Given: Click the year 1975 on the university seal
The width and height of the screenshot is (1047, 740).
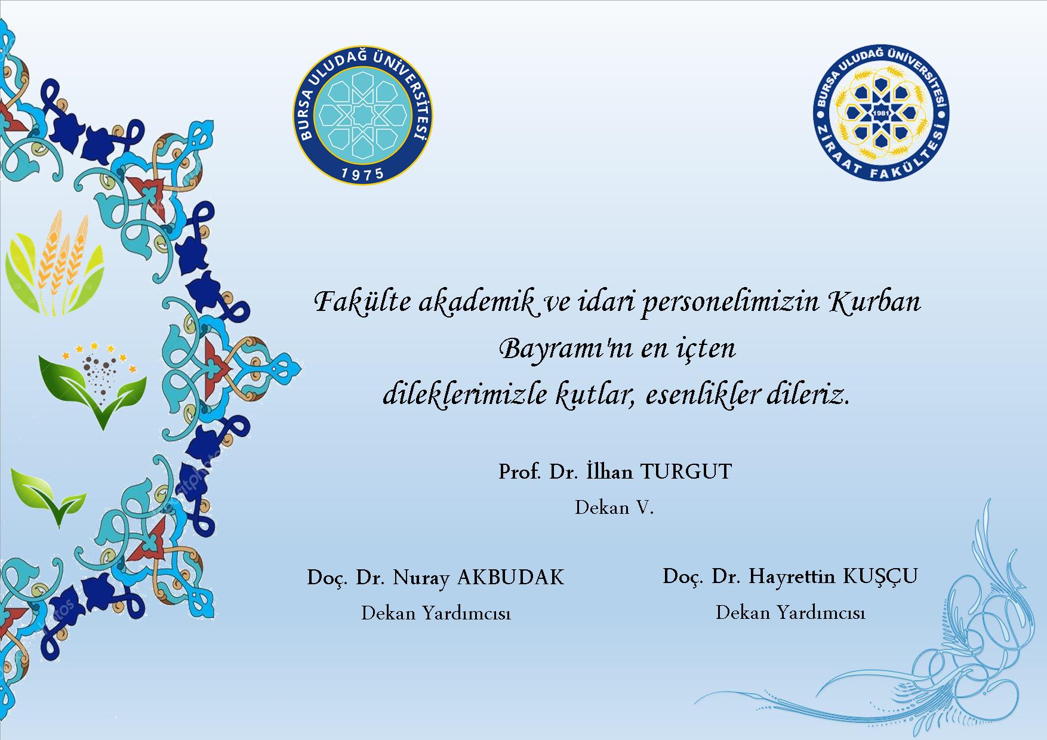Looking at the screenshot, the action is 363,174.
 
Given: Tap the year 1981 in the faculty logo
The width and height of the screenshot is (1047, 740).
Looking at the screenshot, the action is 881,113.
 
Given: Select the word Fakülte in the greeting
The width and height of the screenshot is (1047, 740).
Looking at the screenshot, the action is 363,301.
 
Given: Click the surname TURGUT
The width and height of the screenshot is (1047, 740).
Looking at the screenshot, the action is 686,472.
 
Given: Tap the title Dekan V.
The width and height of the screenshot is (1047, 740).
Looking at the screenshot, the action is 614,507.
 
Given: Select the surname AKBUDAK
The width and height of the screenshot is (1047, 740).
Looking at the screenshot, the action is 510,577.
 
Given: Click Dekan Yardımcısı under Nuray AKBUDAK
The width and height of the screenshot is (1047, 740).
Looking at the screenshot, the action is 436,613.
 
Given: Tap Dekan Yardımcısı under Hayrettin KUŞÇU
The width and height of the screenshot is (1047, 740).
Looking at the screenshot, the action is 790,612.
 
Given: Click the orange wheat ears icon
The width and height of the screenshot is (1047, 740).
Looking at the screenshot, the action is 55,263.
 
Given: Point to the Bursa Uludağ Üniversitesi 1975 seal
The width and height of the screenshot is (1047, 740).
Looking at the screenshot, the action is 363,115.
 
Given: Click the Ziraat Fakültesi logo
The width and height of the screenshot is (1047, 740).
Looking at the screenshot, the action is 881,113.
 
